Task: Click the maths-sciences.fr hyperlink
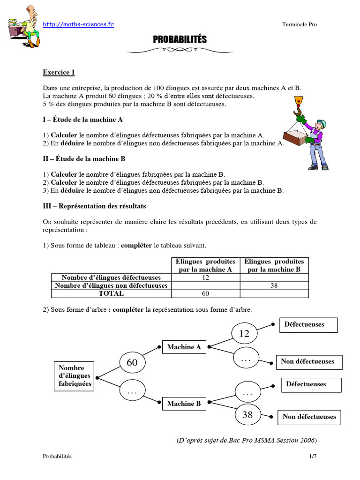click(x=78, y=24)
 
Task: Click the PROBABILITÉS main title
click(x=180, y=40)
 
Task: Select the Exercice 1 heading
click(x=59, y=72)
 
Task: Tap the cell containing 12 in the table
click(x=205, y=277)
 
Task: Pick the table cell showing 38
click(x=274, y=285)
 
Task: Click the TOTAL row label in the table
click(x=111, y=293)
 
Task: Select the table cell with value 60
click(x=205, y=293)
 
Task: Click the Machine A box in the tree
click(x=184, y=347)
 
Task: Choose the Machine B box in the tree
click(x=184, y=404)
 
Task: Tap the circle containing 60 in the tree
click(x=132, y=362)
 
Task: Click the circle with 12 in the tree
click(x=244, y=334)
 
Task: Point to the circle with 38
click(x=247, y=414)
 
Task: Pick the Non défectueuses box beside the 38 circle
click(x=309, y=416)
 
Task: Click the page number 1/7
click(x=313, y=456)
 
